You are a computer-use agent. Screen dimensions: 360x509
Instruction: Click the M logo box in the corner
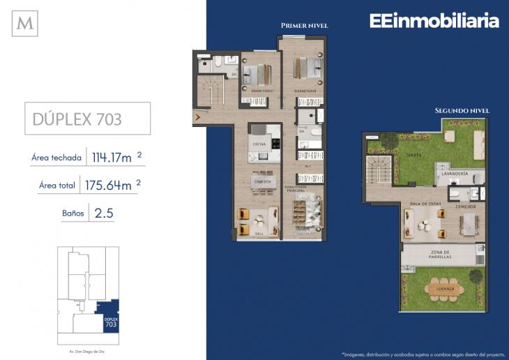coord(25,23)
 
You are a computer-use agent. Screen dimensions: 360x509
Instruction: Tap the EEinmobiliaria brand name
coord(434,22)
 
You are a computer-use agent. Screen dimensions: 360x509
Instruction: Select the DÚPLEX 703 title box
coord(86,118)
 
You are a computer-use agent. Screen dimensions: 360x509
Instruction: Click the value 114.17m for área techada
coord(112,158)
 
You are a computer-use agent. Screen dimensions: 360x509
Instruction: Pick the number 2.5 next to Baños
coord(101,212)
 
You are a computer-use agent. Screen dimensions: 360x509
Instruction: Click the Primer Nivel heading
coord(304,25)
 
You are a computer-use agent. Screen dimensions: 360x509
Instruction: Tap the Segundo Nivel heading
coord(462,110)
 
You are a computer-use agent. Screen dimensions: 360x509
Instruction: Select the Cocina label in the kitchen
coord(259,144)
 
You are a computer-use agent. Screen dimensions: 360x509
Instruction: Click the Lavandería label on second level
coord(454,172)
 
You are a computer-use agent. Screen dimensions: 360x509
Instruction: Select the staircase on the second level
coord(378,170)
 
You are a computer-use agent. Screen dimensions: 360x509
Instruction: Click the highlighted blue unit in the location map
coord(107,315)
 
